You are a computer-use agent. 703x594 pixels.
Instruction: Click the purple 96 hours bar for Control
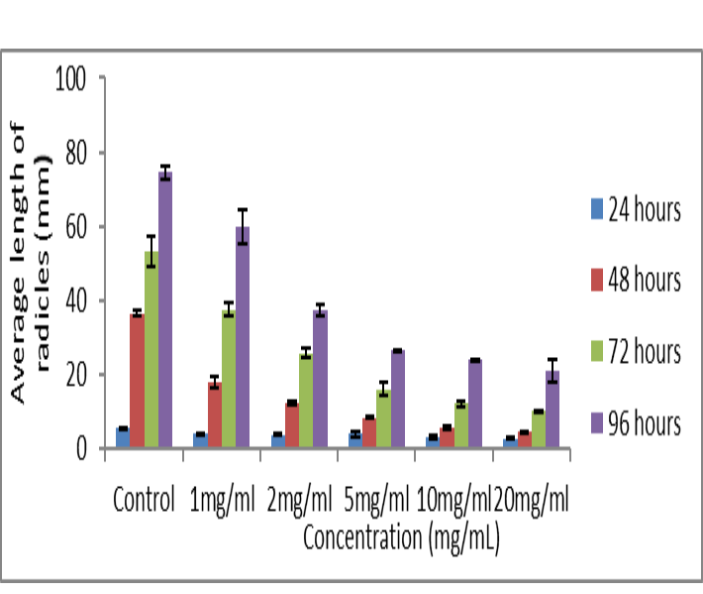coord(165,309)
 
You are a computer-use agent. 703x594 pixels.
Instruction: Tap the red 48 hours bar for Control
coord(137,381)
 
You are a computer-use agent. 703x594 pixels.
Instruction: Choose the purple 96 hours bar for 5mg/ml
coord(397,399)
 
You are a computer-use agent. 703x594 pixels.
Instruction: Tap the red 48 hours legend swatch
coord(596,281)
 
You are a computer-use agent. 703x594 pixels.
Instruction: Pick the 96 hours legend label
coord(646,423)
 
